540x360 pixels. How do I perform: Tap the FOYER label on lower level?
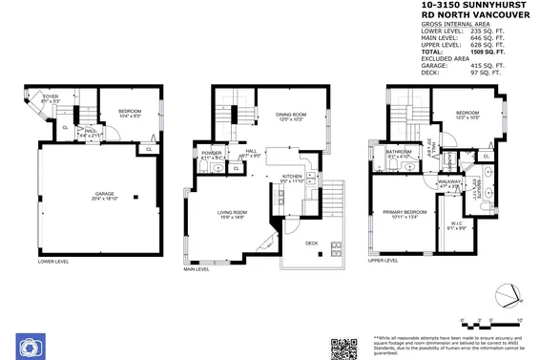(51, 97)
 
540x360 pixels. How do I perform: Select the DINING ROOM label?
(291, 116)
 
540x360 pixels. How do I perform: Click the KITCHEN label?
(292, 177)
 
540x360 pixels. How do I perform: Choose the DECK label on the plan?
(311, 243)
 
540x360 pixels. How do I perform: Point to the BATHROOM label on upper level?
(399, 152)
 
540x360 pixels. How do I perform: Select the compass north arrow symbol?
(512, 292)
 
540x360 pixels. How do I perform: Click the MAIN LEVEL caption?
(197, 269)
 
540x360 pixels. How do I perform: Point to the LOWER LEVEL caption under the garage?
(53, 260)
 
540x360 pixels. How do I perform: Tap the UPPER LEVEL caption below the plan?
(383, 260)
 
